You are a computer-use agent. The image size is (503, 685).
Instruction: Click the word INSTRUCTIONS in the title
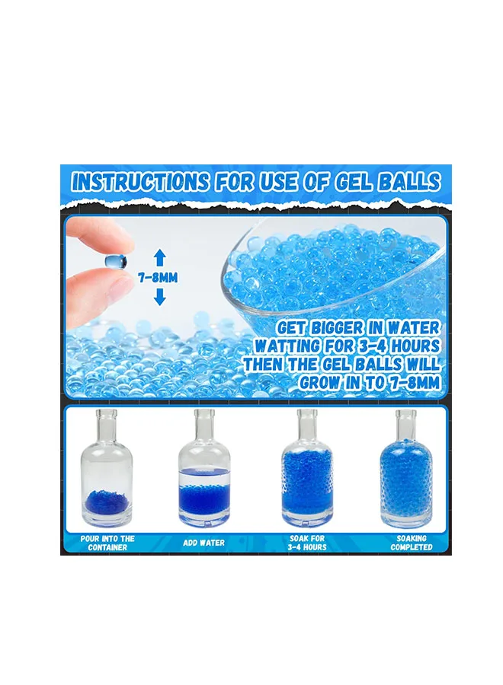point(140,181)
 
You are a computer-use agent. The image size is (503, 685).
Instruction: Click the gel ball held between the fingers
point(116,261)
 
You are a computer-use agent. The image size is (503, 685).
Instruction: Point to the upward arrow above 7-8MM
point(160,258)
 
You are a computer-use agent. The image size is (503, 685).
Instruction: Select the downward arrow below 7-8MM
point(160,297)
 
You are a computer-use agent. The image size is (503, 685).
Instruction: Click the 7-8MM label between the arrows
point(158,278)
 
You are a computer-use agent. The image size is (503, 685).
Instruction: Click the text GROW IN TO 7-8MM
point(370,382)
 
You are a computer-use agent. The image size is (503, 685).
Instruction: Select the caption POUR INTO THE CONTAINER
point(107,543)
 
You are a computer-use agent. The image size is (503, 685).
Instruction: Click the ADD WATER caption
point(203,543)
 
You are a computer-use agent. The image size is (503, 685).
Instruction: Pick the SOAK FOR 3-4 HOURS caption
point(308,543)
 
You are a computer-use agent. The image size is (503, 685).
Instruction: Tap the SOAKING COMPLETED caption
point(412,543)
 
